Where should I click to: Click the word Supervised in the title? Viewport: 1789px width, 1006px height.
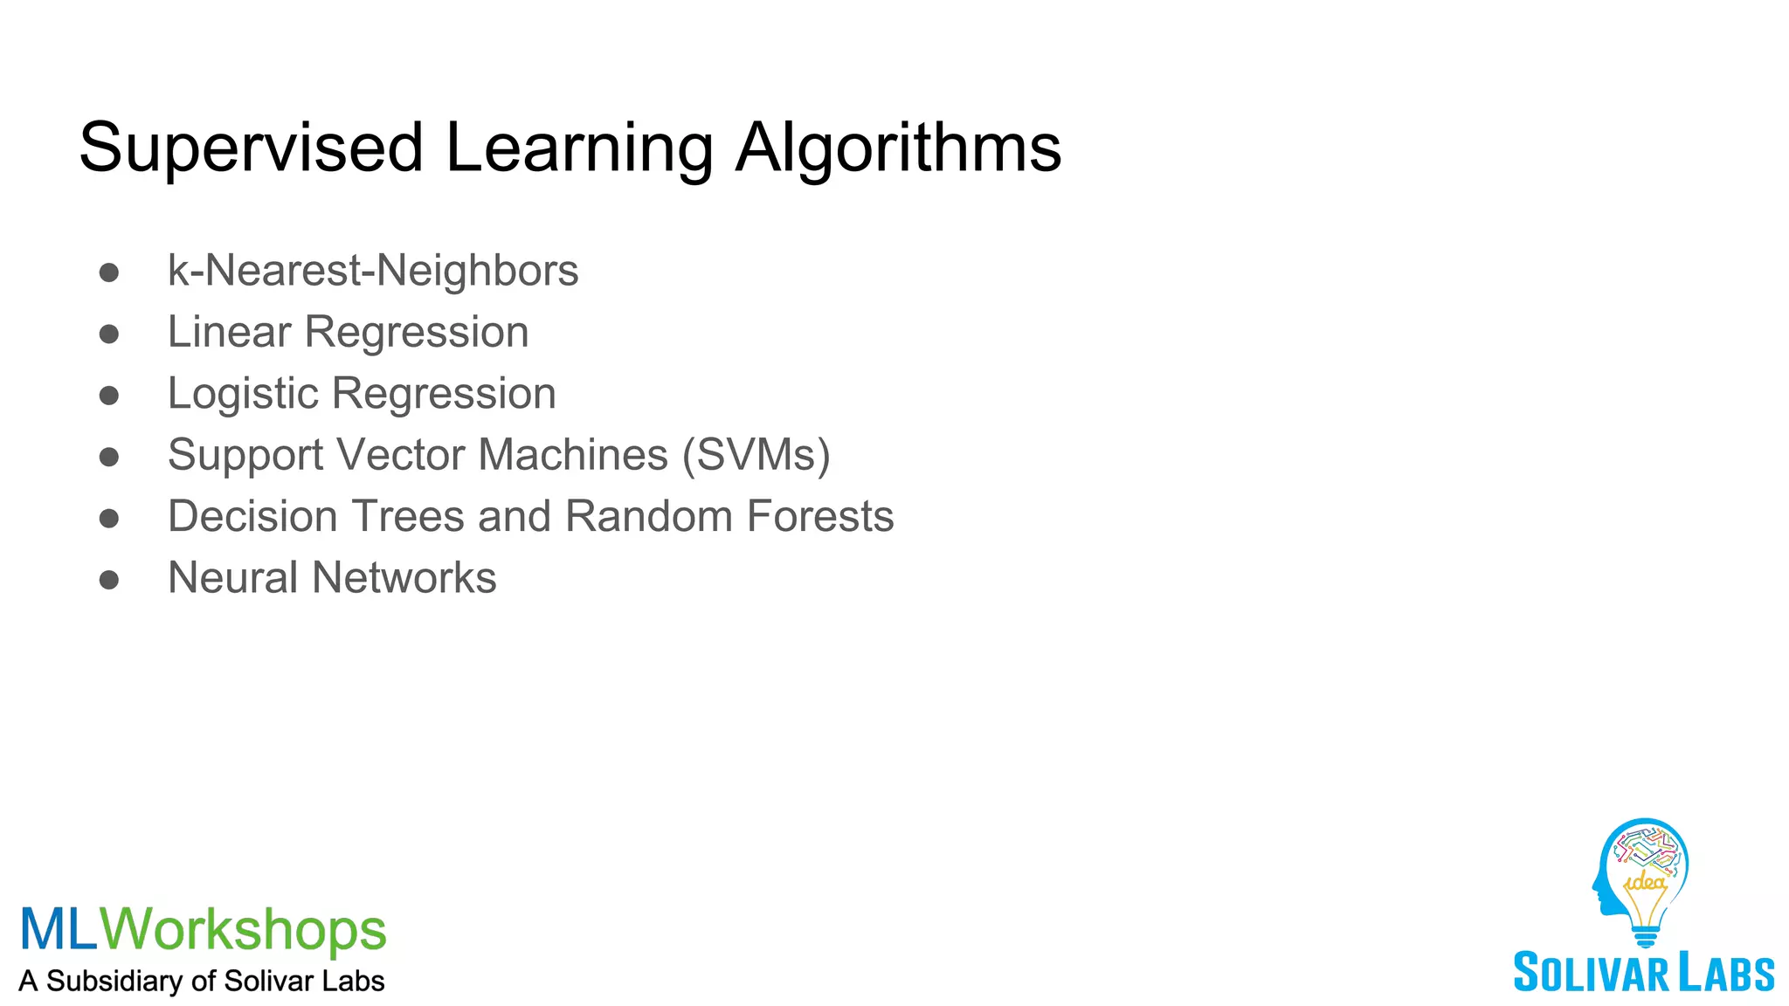point(252,148)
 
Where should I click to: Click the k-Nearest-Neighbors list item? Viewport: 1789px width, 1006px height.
point(373,271)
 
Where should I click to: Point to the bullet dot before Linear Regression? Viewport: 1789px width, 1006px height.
point(109,334)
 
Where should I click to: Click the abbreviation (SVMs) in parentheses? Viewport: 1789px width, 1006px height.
point(756,455)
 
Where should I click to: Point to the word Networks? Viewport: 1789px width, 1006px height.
point(404,578)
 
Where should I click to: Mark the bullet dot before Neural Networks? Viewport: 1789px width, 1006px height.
point(109,580)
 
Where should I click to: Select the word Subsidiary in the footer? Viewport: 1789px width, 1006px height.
point(114,981)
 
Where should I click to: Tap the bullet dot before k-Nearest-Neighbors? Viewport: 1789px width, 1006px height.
point(109,272)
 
